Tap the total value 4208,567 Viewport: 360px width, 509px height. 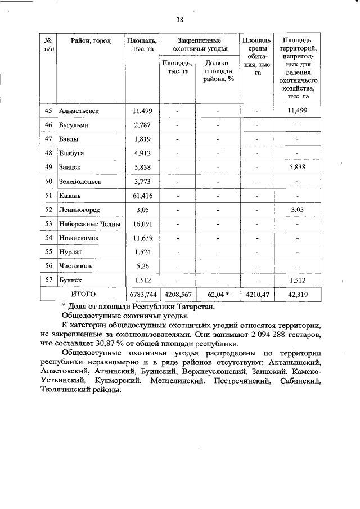tap(177, 294)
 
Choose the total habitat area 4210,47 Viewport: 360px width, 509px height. tap(256, 294)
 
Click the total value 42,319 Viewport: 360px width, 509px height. tap(297, 294)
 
